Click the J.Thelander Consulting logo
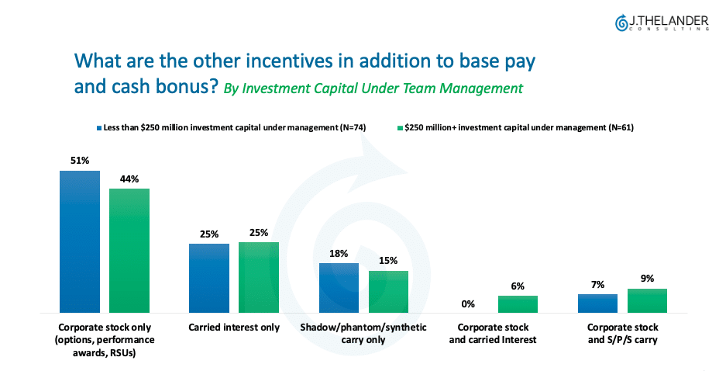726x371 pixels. pos(662,23)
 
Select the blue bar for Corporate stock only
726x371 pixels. pos(80,241)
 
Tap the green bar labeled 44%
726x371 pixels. pos(129,251)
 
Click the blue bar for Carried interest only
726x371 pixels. pos(209,278)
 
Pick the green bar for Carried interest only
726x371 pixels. pos(259,277)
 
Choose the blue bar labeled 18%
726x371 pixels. pos(339,288)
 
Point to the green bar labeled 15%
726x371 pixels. pos(388,292)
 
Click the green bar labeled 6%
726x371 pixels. pos(518,304)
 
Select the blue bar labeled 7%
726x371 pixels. pos(597,303)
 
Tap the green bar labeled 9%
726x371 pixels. pos(647,300)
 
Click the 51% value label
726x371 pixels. pos(80,161)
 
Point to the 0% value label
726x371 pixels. pos(468,304)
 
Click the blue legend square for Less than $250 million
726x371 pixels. pos(99,128)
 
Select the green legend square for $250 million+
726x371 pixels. pos(400,128)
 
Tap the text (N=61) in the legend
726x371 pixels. pos(621,127)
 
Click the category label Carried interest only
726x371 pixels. pos(234,328)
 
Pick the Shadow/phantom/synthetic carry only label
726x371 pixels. pos(363,334)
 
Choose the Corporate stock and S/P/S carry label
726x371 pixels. pos(623,334)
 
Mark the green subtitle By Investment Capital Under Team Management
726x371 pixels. pos(373,88)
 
